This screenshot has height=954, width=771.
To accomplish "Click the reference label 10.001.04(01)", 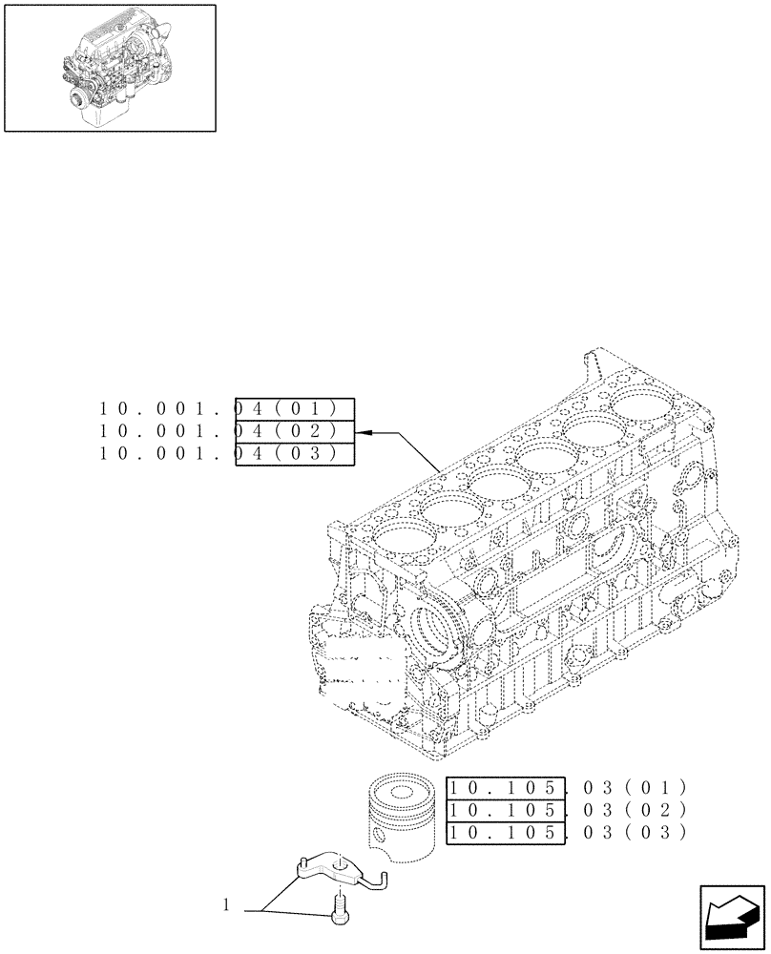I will (226, 408).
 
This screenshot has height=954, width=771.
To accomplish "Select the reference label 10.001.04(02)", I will (226, 431).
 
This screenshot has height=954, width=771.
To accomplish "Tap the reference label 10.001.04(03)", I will (226, 454).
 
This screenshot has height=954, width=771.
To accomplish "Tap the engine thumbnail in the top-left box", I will (110, 67).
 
